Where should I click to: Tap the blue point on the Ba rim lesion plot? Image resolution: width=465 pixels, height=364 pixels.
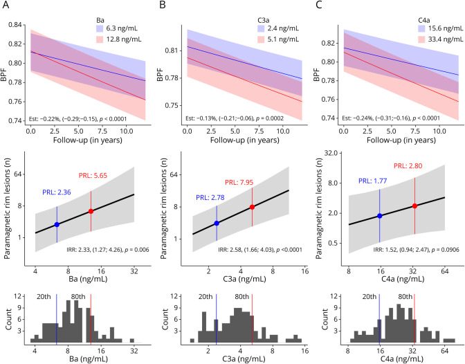tap(57, 225)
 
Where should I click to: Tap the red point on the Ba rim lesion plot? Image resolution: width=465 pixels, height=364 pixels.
tap(91, 211)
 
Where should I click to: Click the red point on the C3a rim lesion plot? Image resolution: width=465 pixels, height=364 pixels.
tap(252, 207)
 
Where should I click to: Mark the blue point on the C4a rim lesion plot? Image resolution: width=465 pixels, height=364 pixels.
tap(379, 216)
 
